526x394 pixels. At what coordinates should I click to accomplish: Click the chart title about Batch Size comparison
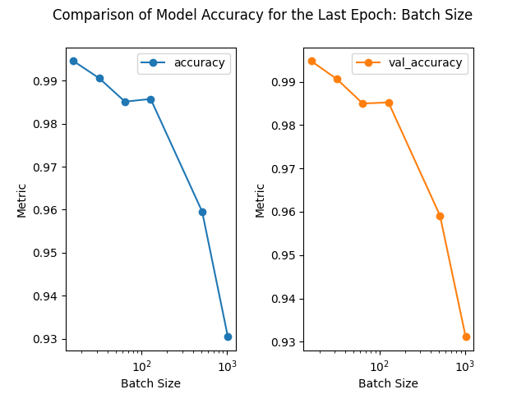[x=263, y=15]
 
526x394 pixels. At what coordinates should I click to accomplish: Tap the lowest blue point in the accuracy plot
[x=228, y=337]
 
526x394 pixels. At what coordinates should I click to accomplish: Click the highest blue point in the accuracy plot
[x=73, y=61]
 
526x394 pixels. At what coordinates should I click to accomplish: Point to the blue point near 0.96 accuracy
[x=202, y=212]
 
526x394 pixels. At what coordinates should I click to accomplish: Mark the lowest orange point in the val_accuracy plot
[x=466, y=337]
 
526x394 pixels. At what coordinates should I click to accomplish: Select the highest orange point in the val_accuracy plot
[x=311, y=61]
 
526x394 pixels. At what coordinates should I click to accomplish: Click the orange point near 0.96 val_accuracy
[x=440, y=216]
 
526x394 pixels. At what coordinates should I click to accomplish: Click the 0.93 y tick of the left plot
[x=48, y=339]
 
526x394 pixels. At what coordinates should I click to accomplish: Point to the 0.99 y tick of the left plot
[x=48, y=81]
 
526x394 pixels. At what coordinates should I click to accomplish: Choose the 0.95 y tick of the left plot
[x=48, y=253]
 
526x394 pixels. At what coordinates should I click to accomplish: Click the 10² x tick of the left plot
[x=142, y=365]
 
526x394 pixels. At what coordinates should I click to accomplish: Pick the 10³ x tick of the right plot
[x=465, y=365]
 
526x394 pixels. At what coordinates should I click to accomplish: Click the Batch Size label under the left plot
[x=150, y=383]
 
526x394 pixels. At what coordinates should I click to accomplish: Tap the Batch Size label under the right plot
[x=388, y=383]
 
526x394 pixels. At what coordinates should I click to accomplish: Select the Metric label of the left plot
[x=22, y=199]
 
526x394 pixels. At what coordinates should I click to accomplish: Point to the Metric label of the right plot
[x=260, y=199]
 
